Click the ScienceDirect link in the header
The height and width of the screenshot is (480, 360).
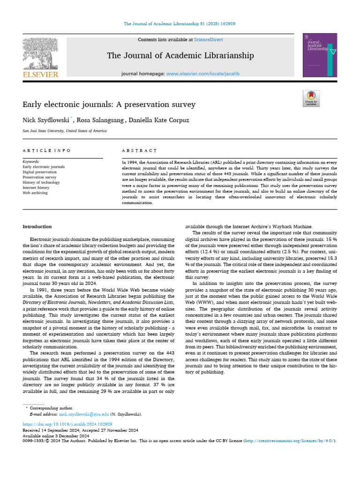tap(210, 40)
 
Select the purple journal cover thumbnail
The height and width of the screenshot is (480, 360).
tap(320, 54)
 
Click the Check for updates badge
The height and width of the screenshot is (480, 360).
tap(311, 98)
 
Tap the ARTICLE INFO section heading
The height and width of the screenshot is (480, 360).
tap(47, 150)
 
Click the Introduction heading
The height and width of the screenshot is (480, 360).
tap(37, 226)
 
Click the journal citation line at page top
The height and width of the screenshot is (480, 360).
tap(180, 23)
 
